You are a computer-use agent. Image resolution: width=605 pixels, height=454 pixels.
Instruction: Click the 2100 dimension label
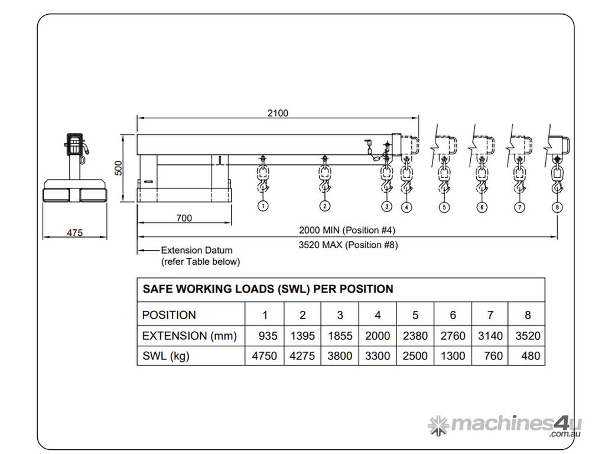pos(278,113)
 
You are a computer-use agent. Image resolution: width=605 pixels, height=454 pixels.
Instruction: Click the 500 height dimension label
pos(118,168)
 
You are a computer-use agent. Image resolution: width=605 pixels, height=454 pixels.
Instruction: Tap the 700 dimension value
pos(184,218)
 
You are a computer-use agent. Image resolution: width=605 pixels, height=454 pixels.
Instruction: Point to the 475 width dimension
pos(74,233)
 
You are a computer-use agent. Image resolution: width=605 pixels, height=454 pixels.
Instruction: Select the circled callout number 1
pos(263,206)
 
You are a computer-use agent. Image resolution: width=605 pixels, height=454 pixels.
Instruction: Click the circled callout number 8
pos(558,207)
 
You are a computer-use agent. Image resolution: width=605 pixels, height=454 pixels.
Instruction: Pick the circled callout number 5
pos(444,207)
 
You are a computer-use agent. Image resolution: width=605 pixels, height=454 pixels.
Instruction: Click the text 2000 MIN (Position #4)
pos(347,229)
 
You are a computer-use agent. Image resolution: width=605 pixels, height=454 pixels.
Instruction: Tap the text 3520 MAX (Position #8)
pos(348,245)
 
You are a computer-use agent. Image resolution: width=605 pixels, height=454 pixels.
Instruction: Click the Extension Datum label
pos(197,250)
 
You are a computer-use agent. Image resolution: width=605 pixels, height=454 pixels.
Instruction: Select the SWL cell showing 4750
pos(265,356)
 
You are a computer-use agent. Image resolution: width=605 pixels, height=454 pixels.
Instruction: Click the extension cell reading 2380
pos(415,336)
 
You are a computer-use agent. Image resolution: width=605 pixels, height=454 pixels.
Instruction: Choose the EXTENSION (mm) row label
pos(190,336)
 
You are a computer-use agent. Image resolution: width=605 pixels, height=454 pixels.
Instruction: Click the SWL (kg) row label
pos(166,356)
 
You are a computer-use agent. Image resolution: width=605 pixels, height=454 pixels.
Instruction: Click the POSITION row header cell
pos(170,315)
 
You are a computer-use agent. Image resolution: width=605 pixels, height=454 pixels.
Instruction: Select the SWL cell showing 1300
pos(453,356)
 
